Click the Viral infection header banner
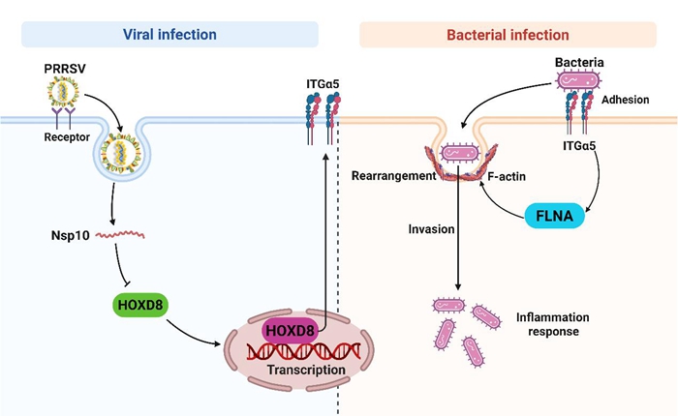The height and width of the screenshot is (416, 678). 169,35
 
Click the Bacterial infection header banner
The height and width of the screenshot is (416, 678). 508,35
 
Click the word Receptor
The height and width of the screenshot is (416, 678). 66,137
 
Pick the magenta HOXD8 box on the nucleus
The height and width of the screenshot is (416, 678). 289,331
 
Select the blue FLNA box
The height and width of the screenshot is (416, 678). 549,215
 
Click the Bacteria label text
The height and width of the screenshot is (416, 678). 581,64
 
